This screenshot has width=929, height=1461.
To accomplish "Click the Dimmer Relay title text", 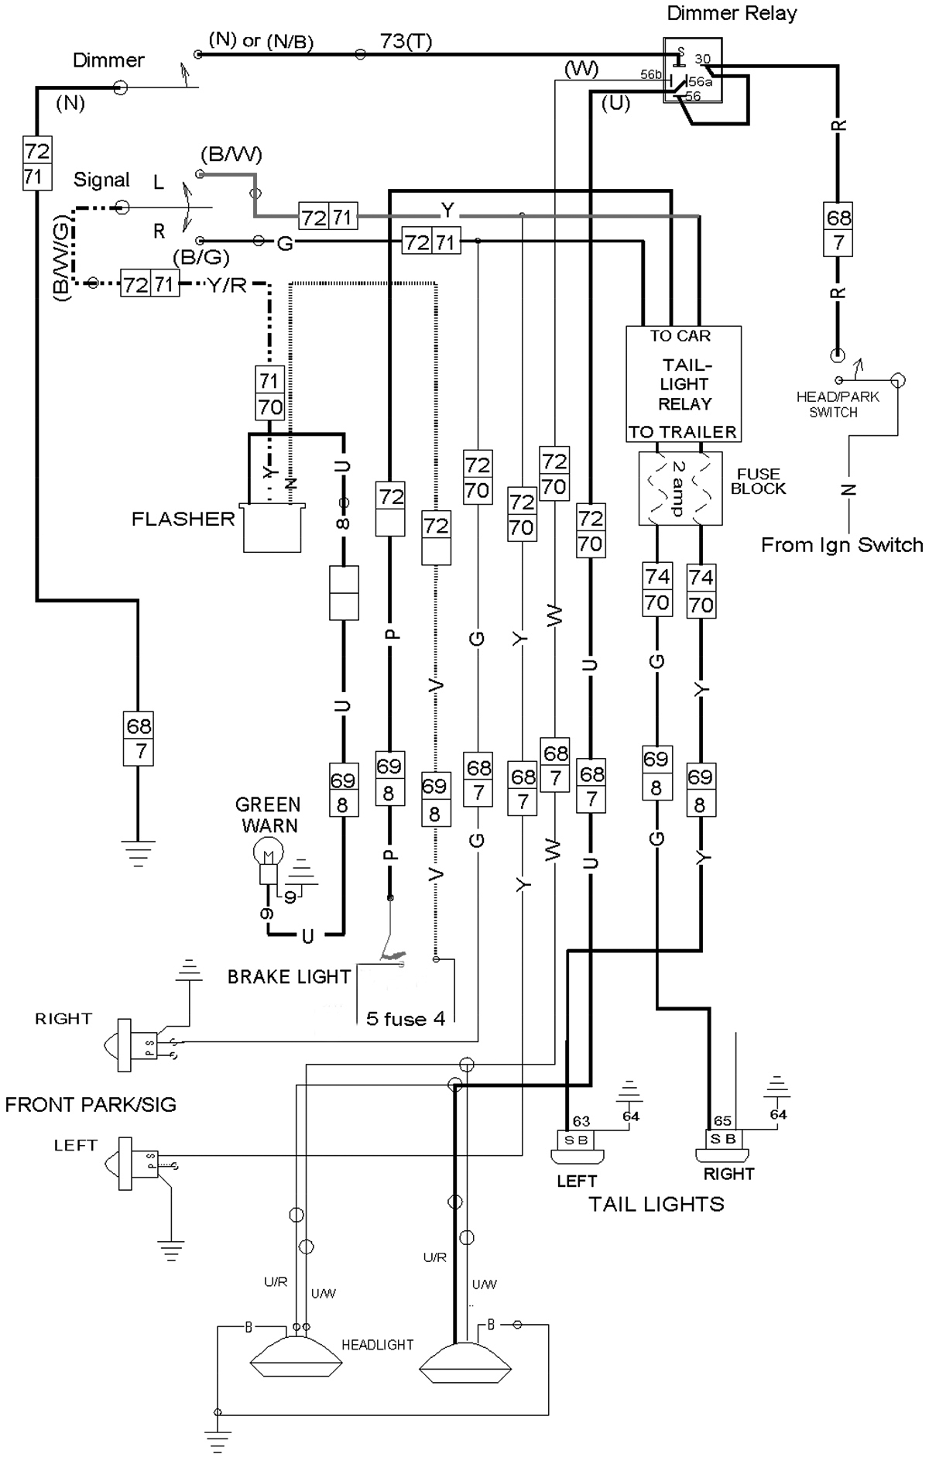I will tap(732, 13).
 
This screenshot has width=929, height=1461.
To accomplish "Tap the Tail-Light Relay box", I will tap(684, 384).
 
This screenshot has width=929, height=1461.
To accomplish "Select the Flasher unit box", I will tap(273, 529).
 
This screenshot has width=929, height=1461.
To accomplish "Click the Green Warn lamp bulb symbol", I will tap(268, 855).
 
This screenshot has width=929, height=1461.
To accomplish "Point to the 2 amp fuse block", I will tap(679, 489).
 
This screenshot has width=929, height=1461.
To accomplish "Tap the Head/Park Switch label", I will tap(838, 404).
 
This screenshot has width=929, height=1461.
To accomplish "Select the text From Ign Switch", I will tap(842, 545).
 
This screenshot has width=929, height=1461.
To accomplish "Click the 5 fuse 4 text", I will tap(406, 1018).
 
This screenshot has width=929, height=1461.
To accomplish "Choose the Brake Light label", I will tap(289, 977).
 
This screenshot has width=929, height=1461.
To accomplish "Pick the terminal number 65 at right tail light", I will tap(722, 1120).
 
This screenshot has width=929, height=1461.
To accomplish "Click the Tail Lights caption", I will tap(656, 1204).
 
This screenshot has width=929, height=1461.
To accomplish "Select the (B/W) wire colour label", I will tap(231, 155).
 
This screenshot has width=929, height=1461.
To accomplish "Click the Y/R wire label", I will tap(227, 285).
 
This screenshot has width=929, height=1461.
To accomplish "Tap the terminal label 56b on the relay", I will tap(650, 75).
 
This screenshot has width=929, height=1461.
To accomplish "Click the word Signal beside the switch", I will tap(101, 180).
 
